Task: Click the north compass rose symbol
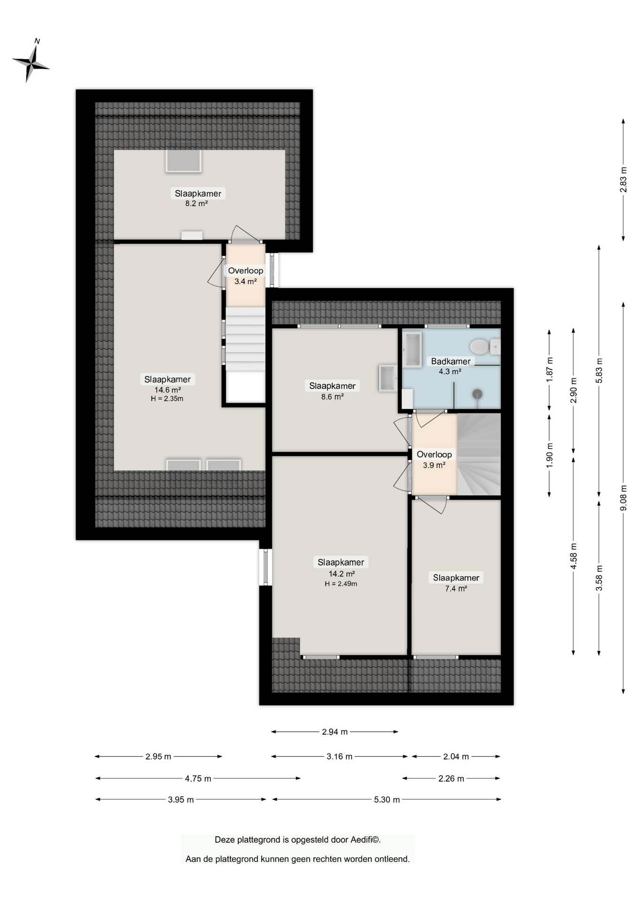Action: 31,61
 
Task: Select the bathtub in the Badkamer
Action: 412,349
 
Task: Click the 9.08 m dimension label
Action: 623,498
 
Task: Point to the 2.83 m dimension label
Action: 623,180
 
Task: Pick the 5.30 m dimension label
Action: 387,800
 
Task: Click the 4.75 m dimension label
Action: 198,778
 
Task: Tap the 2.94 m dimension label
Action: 335,731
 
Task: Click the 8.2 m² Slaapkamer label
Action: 198,198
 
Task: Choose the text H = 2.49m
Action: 341,584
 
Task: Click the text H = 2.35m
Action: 167,399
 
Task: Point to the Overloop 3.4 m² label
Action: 246,276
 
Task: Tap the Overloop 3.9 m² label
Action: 434,459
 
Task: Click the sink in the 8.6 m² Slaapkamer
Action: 388,378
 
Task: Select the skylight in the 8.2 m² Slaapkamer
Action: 183,161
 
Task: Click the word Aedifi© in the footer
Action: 366,840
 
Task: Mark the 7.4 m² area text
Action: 456,589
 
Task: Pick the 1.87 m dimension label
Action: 550,369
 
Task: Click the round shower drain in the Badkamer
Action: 478,394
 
